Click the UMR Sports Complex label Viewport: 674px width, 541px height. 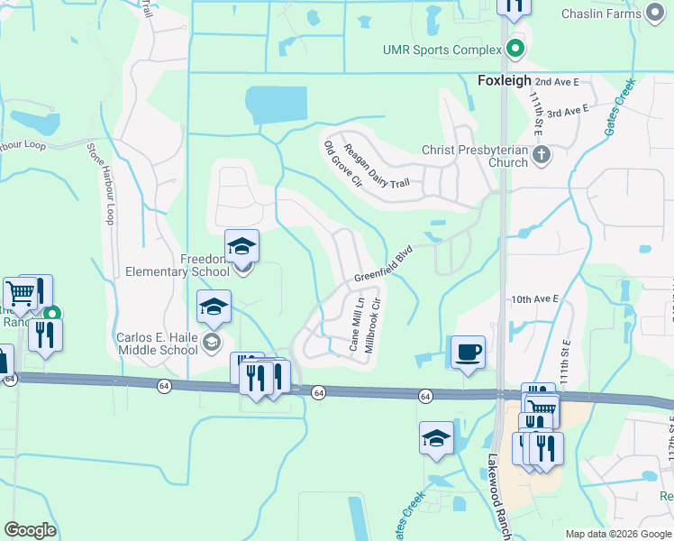pos(442,49)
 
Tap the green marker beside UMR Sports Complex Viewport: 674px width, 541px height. pos(515,49)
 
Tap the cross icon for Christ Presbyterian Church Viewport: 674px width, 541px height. pos(542,155)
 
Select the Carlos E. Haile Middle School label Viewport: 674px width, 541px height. pos(157,344)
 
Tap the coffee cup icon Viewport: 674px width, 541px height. pos(468,352)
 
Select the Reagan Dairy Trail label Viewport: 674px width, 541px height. pos(377,166)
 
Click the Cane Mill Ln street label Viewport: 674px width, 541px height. pos(356,324)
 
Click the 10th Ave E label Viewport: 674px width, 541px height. pos(534,298)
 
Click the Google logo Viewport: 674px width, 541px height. pos(30,530)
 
